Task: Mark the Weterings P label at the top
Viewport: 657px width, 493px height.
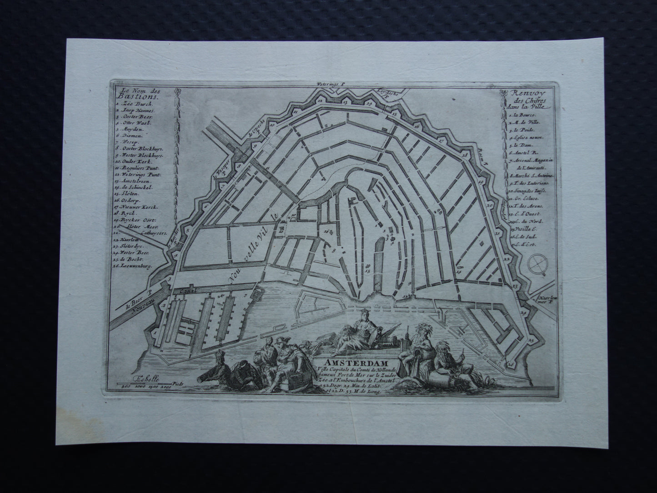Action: (x=333, y=84)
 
